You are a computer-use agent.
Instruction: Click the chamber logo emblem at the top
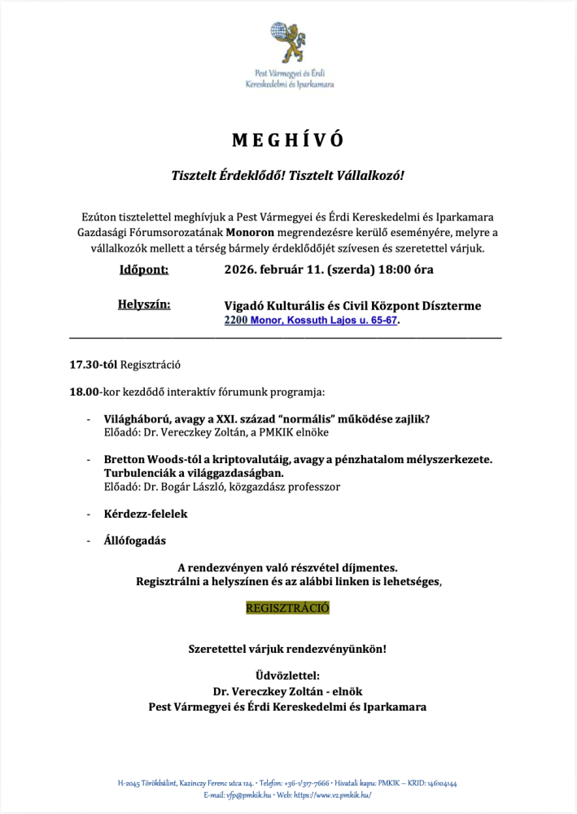click(289, 44)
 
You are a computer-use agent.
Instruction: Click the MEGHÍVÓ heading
click(288, 140)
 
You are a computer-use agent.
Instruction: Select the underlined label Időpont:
click(143, 269)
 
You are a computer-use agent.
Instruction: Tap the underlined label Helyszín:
click(144, 304)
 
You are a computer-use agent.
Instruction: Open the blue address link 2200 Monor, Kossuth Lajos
click(311, 321)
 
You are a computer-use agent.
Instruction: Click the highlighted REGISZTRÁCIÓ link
click(288, 608)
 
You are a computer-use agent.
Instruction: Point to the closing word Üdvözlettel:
click(288, 675)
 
